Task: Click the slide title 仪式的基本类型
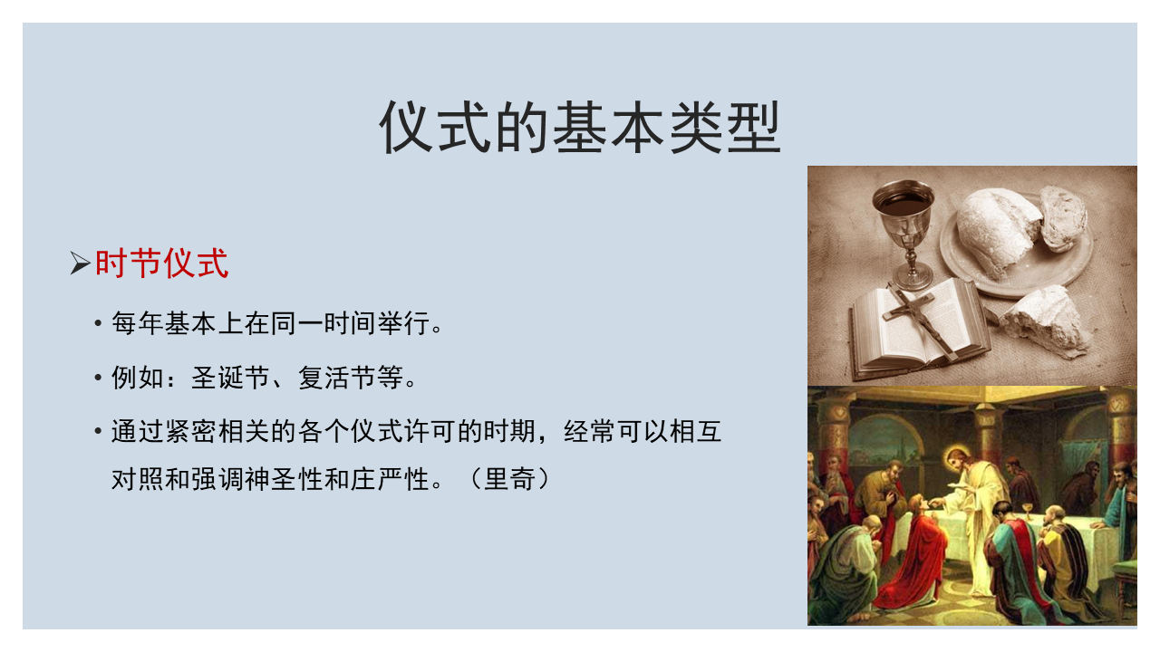[x=579, y=128]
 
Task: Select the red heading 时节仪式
[x=161, y=264]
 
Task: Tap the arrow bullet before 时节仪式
[x=81, y=263]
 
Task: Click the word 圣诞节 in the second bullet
[x=230, y=378]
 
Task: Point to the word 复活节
[x=337, y=378]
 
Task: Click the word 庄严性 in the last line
[x=390, y=479]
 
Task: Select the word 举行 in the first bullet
[x=403, y=323]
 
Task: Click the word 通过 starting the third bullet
[x=137, y=430]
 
